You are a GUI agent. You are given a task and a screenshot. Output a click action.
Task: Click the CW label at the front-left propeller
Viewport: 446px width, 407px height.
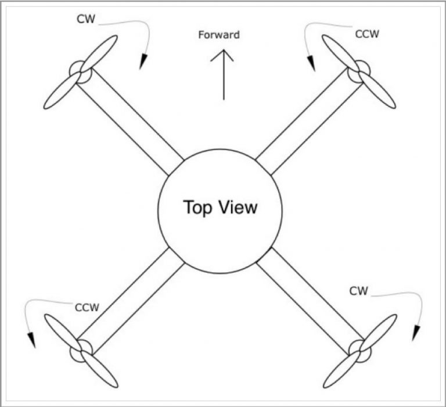(x=86, y=19)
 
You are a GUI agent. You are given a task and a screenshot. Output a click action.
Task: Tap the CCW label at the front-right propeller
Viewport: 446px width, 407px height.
(x=367, y=34)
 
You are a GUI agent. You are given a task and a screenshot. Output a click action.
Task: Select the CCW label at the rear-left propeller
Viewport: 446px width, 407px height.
(x=87, y=308)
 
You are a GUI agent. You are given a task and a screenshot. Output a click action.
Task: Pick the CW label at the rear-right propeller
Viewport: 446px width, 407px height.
(x=358, y=291)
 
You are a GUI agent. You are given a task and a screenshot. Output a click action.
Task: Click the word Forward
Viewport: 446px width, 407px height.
(x=219, y=35)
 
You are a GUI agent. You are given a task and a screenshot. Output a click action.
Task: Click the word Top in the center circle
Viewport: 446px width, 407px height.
(x=197, y=208)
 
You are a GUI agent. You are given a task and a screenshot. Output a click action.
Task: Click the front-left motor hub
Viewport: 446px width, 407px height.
(x=81, y=72)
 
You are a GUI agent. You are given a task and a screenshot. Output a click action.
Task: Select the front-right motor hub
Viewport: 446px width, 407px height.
(x=359, y=72)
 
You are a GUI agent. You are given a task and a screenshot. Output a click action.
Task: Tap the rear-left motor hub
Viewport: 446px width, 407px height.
(x=81, y=351)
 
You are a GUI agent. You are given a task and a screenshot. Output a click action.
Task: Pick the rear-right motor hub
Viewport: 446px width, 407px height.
(x=360, y=351)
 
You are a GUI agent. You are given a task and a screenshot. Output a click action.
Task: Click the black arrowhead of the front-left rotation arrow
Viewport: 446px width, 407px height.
(x=143, y=61)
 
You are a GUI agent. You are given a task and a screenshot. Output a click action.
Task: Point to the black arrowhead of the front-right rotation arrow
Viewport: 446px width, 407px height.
(x=311, y=63)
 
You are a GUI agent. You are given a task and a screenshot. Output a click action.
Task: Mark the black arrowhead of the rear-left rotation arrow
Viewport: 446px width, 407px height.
(x=31, y=340)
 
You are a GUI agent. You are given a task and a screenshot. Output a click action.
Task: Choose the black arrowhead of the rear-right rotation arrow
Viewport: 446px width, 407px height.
(x=416, y=333)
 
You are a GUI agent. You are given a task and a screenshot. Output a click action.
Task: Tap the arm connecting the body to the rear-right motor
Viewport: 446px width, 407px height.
(x=311, y=301)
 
